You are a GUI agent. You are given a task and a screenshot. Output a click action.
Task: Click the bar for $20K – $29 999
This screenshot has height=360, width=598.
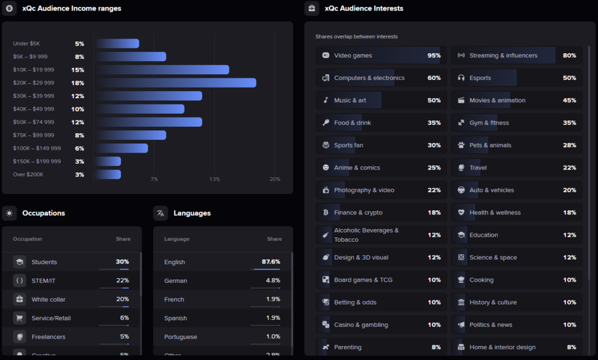pos(175,83)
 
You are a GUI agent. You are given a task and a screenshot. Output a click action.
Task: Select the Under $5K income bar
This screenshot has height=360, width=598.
pos(117,44)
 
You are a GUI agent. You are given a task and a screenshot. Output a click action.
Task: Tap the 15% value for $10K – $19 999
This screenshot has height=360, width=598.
pos(78,70)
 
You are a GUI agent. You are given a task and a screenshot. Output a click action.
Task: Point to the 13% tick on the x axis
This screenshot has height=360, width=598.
pos(214,179)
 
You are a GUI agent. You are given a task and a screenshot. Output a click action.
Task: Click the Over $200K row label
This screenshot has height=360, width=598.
pos(27,175)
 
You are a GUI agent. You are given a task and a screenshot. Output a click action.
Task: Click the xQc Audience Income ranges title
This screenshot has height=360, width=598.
pos(72,9)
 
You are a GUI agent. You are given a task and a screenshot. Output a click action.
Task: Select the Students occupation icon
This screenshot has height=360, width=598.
pos(20,262)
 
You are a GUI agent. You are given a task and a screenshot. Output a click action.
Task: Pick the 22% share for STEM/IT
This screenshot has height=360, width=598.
pos(122,281)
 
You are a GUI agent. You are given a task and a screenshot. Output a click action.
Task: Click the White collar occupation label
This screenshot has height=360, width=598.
pos(48,299)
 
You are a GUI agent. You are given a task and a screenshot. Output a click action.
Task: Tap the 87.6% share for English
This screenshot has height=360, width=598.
pos(271,262)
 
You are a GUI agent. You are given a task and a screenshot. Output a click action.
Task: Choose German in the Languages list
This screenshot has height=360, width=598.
pos(176,281)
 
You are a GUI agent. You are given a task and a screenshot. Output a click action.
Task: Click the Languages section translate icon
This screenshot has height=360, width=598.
pos(161,213)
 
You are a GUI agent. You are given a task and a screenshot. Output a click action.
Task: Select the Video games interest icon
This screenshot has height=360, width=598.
pos(325,56)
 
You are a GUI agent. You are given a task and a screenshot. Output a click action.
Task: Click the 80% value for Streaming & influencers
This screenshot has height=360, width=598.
pos(569,56)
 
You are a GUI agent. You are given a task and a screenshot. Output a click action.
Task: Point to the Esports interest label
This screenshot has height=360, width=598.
pos(480,78)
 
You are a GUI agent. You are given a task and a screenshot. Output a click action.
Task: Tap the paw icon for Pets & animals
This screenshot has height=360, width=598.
pos(461,146)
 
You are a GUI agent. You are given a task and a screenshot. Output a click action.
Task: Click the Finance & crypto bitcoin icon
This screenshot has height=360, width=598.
pos(325,213)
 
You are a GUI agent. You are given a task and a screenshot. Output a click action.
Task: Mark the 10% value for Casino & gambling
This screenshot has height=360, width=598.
pos(434,325)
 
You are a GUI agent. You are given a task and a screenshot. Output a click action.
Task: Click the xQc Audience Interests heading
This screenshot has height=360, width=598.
pos(364,9)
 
